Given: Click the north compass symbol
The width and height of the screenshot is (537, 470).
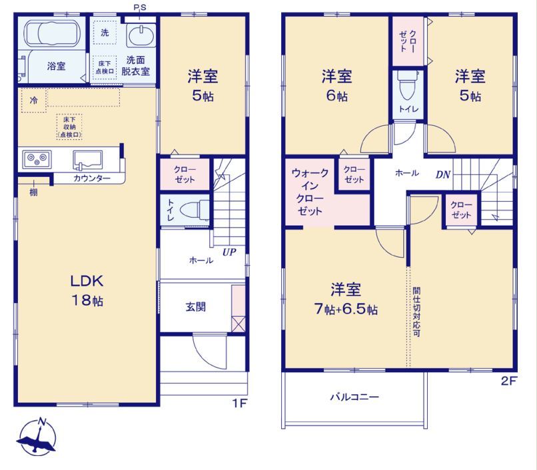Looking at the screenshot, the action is [37, 437].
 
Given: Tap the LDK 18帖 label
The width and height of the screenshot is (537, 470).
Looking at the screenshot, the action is [87, 290].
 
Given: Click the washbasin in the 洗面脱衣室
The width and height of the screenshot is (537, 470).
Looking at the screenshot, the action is [141, 35].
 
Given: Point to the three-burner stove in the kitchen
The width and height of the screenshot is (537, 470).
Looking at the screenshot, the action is [37, 159].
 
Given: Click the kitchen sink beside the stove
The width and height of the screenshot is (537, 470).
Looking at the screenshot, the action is [87, 160].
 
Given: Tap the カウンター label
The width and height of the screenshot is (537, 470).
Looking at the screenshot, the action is [92, 178].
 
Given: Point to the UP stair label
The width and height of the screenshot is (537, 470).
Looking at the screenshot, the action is [229, 252].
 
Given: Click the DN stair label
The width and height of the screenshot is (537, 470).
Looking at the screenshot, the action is [443, 174].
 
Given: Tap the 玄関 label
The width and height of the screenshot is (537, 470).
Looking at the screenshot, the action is [196, 307].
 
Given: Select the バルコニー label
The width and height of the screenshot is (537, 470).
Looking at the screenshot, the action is [354, 397].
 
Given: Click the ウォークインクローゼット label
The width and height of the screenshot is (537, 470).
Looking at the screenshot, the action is [310, 192].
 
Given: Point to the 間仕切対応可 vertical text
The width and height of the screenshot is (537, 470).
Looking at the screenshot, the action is [416, 312].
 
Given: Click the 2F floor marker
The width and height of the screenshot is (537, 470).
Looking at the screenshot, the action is [508, 381].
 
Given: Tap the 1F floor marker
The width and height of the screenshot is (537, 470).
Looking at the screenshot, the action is [240, 403].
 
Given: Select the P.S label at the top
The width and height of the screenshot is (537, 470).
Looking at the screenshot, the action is [140, 7].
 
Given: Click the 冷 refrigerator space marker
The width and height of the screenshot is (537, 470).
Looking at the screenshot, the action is [33, 101].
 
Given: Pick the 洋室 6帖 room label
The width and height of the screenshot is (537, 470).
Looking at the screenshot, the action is [337, 86].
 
